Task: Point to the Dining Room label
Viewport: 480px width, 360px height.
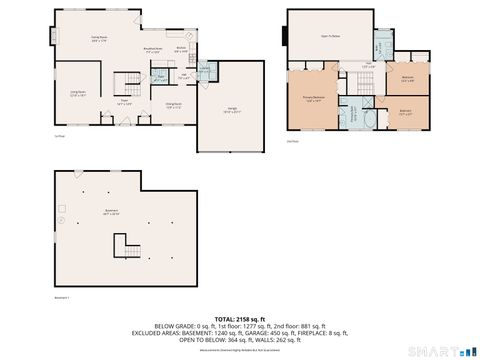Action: (x=173, y=104)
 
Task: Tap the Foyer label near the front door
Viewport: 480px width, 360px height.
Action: (x=127, y=101)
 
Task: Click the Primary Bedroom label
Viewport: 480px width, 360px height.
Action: (x=313, y=99)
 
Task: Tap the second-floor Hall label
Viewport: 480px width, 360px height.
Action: (x=367, y=67)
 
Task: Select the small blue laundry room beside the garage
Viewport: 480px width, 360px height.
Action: (x=205, y=70)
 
